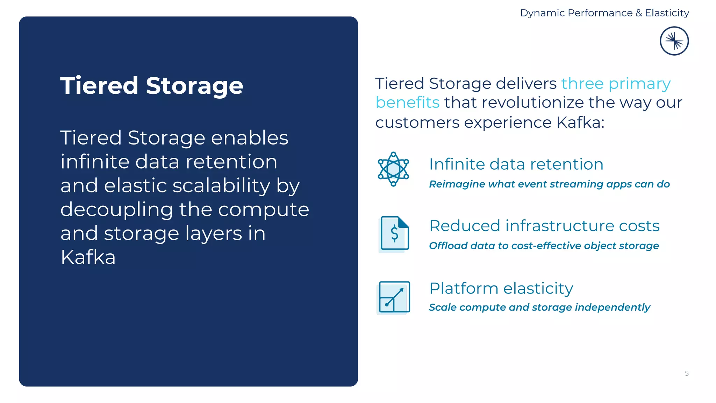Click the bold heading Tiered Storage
pyautogui.click(x=151, y=86)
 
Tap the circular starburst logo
pyautogui.click(x=674, y=41)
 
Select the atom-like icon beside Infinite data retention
pyautogui.click(x=393, y=169)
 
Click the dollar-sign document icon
pyautogui.click(x=394, y=233)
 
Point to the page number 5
pyautogui.click(x=687, y=373)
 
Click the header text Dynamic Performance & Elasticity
pyautogui.click(x=604, y=13)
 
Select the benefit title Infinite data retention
pyautogui.click(x=516, y=164)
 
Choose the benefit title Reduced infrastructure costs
pyautogui.click(x=544, y=226)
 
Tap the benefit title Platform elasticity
pyautogui.click(x=501, y=288)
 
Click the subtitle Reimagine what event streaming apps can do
pyautogui.click(x=549, y=184)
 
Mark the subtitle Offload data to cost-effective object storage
pyautogui.click(x=544, y=246)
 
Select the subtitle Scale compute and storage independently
pyautogui.click(x=539, y=307)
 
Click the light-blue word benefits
pyautogui.click(x=407, y=102)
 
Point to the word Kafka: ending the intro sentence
pyautogui.click(x=580, y=122)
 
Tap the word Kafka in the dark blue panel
pyautogui.click(x=88, y=257)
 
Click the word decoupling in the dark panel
pyautogui.click(x=117, y=210)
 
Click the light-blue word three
pyautogui.click(x=582, y=84)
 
